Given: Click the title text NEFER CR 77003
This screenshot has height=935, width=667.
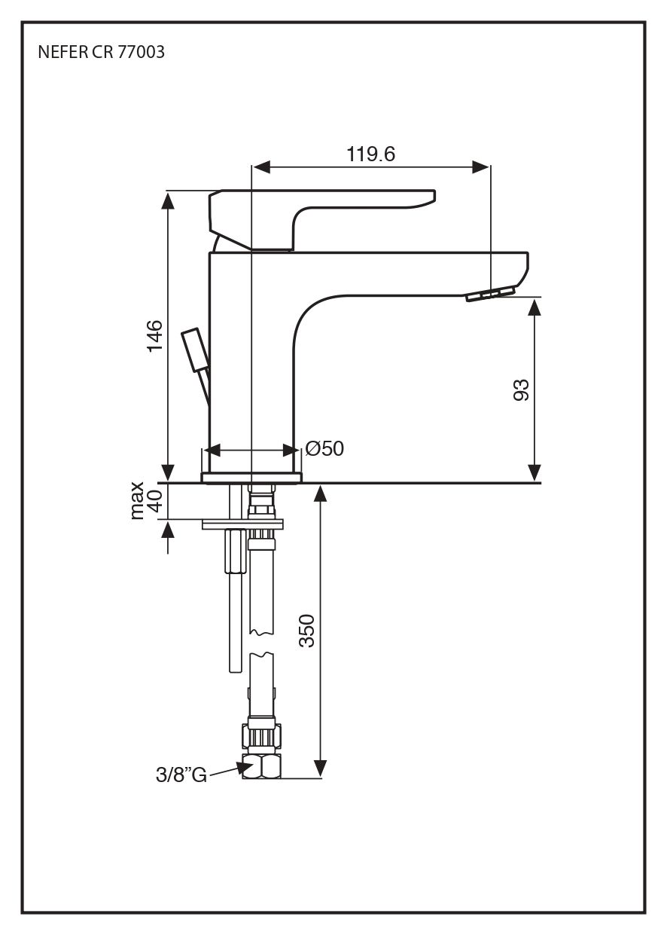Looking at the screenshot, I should (x=101, y=53).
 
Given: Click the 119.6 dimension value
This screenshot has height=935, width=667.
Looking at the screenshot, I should (x=371, y=154).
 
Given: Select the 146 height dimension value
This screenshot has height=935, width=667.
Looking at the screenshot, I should (x=154, y=336).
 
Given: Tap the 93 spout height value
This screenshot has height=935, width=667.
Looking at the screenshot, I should (x=521, y=390).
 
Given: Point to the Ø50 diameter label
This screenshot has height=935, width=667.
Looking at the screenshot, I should (x=324, y=449).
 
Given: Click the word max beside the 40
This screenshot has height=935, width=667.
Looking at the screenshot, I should (x=137, y=500).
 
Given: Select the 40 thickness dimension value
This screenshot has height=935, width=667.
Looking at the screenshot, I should (x=154, y=500).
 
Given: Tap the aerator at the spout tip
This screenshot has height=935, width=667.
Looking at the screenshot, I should (x=490, y=294).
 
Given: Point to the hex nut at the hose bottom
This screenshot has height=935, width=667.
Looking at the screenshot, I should (x=261, y=766).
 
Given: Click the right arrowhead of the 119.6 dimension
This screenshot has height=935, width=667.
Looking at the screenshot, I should (x=482, y=167).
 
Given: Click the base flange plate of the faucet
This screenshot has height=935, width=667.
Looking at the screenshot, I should (x=251, y=477).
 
